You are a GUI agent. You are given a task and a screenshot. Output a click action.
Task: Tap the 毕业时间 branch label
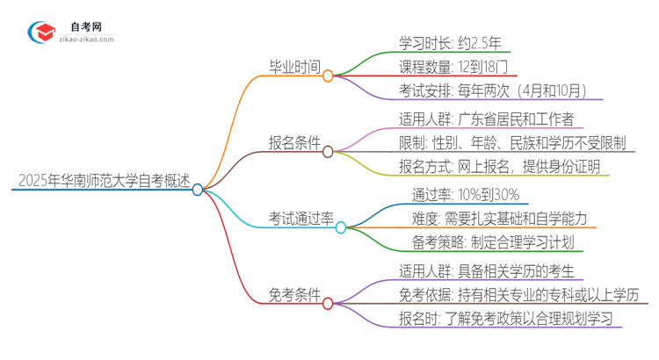click(293, 67)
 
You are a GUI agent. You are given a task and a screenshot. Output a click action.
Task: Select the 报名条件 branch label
click(293, 143)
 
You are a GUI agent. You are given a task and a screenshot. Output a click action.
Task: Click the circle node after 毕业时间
click(327, 76)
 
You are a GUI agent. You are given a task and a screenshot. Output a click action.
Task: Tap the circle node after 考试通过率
click(341, 227)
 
